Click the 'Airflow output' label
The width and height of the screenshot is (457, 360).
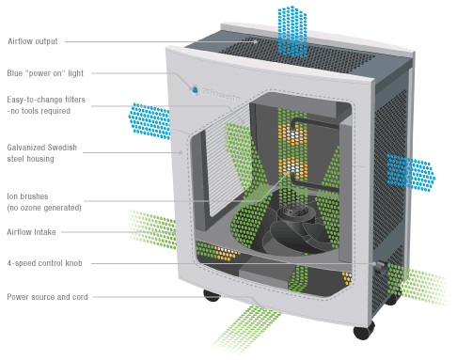33,41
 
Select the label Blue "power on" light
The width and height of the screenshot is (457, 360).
45,73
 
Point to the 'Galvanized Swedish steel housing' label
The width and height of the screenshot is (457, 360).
41,153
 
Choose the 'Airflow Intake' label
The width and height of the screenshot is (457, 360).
31,232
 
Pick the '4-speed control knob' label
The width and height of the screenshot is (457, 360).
44,263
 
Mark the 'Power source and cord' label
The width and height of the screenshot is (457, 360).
47,297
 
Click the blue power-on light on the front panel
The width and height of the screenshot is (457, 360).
195,90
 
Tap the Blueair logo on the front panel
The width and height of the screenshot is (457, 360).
220,94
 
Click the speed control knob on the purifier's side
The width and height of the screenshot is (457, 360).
380,267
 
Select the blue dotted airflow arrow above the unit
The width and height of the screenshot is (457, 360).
292,32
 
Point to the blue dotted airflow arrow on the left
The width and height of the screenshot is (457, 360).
150,121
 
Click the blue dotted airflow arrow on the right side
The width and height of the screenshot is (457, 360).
410,172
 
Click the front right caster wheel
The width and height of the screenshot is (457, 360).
364,330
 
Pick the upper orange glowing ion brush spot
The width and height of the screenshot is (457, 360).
292,134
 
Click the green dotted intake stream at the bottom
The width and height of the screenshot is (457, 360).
245,329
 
